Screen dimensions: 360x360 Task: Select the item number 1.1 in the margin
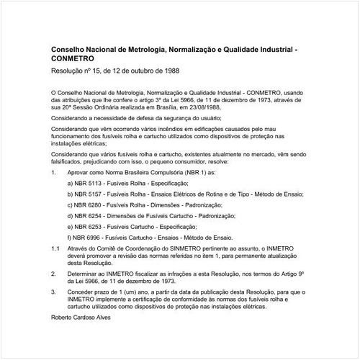coord(56,248)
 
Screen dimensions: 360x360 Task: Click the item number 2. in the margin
coord(54,274)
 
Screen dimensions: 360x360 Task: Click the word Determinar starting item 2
coord(82,274)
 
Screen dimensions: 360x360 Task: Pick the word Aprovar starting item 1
coord(78,174)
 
